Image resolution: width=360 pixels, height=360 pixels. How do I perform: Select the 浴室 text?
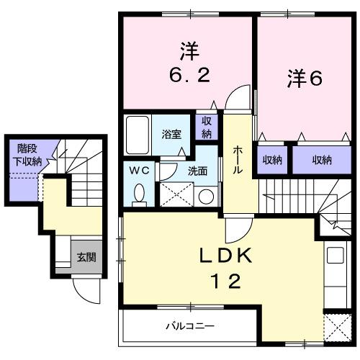pyautogui.click(x=171, y=134)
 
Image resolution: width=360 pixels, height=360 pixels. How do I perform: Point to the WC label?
pyautogui.click(x=139, y=171)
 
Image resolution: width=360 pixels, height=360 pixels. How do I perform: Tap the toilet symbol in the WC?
pyautogui.click(x=140, y=192)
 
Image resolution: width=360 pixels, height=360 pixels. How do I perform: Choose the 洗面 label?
pyautogui.click(x=197, y=171)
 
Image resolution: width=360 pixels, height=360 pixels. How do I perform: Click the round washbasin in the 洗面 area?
pyautogui.click(x=207, y=195)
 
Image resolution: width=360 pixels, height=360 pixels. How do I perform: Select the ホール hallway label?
pyautogui.click(x=238, y=158)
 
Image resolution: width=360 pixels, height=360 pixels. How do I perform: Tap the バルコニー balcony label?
pyautogui.click(x=186, y=325)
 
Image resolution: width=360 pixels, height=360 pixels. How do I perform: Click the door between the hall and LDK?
pyautogui.click(x=236, y=230)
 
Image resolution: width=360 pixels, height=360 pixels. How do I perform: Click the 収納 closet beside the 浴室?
pyautogui.click(x=207, y=127)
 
